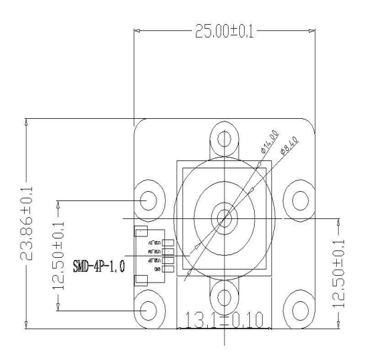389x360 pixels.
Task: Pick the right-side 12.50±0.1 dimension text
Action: pyautogui.click(x=339, y=268)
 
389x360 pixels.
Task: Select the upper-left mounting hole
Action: pyautogui.click(x=149, y=199)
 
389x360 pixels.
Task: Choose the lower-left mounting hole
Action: pyautogui.click(x=149, y=309)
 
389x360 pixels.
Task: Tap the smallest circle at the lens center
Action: pyautogui.click(x=223, y=217)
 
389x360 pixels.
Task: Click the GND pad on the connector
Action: pyautogui.click(x=168, y=269)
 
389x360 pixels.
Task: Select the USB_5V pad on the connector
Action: pyautogui.click(x=168, y=242)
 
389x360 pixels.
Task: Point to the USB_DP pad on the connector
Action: pyautogui.click(x=168, y=260)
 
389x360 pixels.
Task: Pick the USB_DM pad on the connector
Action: pyautogui.click(x=168, y=251)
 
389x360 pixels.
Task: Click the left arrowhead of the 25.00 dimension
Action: pyautogui.click(x=138, y=31)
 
